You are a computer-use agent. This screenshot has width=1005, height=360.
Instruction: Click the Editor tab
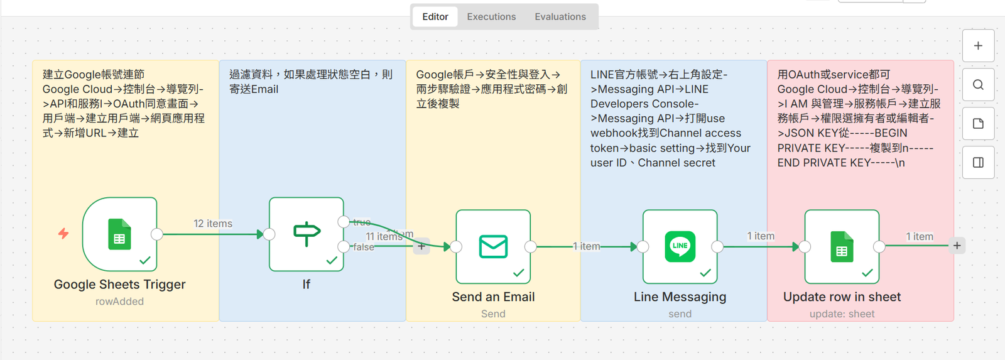[x=435, y=17]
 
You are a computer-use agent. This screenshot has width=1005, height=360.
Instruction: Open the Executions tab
[x=491, y=17]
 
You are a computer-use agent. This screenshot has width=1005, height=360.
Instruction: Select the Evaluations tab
[x=560, y=17]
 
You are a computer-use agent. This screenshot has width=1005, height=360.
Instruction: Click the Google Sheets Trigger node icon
[x=119, y=234]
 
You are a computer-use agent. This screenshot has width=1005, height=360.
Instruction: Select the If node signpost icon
[x=307, y=234]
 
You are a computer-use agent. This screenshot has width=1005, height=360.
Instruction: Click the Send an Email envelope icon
[x=493, y=246]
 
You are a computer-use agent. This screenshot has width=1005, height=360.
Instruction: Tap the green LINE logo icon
[x=680, y=246]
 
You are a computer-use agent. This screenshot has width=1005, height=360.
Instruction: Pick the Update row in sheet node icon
[x=842, y=246]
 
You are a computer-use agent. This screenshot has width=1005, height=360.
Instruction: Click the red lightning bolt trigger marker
[x=63, y=234]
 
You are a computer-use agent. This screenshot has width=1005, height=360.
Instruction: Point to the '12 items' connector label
[x=213, y=224]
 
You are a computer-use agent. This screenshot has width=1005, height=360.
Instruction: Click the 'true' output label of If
[x=362, y=222]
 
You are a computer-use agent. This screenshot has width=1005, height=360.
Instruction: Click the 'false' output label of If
[x=364, y=247]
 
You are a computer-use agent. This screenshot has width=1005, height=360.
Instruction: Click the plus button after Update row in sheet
[x=957, y=246]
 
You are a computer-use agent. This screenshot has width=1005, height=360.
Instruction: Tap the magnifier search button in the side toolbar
[x=978, y=85]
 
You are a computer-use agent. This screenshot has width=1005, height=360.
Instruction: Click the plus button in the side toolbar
[x=978, y=46]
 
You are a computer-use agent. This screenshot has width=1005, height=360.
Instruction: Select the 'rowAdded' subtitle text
[x=119, y=302]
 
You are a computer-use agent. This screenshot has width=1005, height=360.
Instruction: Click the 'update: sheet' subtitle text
[x=842, y=314]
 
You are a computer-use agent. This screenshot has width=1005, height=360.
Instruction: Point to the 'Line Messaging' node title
[x=680, y=297]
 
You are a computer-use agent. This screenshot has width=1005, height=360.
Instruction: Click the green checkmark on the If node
[x=332, y=260]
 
